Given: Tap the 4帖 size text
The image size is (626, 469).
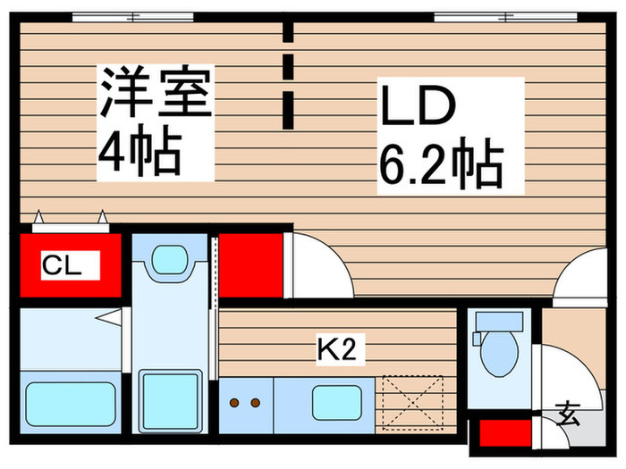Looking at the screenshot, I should click(x=140, y=153).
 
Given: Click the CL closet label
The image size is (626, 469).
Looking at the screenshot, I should click(x=63, y=264).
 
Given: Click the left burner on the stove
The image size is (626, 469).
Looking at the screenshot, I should click(x=235, y=403).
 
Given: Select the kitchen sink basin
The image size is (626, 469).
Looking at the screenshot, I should click(x=336, y=403).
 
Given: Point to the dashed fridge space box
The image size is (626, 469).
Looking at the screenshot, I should click(x=413, y=402).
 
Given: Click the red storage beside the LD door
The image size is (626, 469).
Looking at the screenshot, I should click(x=251, y=264).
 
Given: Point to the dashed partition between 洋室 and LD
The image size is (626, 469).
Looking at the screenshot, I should click(x=288, y=76).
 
